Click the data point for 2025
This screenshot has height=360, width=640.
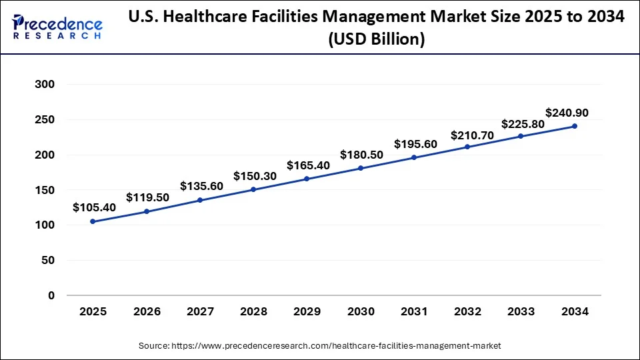pyautogui.click(x=93, y=221)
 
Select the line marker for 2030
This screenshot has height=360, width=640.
pyautogui.click(x=361, y=168)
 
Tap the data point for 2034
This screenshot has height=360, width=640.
pyautogui.click(x=575, y=126)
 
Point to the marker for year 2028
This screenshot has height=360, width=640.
pyautogui.click(x=253, y=189)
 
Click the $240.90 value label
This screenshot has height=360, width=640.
pyautogui.click(x=567, y=113)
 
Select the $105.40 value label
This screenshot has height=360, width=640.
pyautogui.click(x=94, y=207)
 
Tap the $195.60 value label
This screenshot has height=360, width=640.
pyautogui.click(x=415, y=144)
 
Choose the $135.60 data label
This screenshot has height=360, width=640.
pyautogui.click(x=201, y=186)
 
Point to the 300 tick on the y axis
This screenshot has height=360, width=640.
pyautogui.click(x=43, y=85)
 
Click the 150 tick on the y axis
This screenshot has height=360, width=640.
pyautogui.click(x=43, y=190)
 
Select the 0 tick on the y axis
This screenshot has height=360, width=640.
pyautogui.click(x=51, y=295)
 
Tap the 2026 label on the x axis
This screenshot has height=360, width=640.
pyautogui.click(x=146, y=311)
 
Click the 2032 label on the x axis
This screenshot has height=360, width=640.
pyautogui.click(x=467, y=311)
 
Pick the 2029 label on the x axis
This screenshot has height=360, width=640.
pyautogui.click(x=307, y=311)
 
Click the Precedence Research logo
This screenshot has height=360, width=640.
pyautogui.click(x=57, y=28)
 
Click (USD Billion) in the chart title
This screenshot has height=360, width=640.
pyautogui.click(x=376, y=40)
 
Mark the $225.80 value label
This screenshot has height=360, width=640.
pyautogui.click(x=523, y=123)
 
